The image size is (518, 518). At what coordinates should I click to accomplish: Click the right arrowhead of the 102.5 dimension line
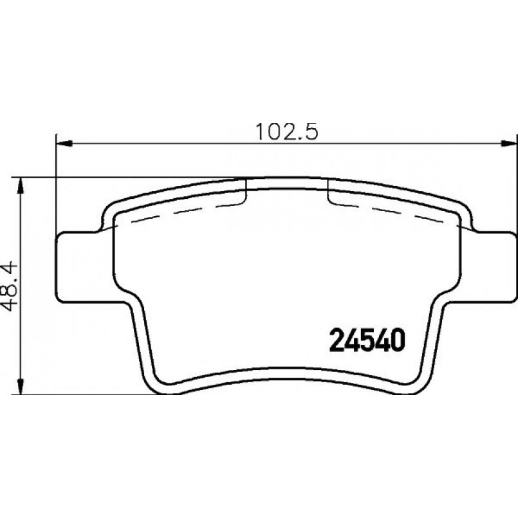coord(512,143)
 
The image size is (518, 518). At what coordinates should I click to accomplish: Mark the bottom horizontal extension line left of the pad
coord(84,394)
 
